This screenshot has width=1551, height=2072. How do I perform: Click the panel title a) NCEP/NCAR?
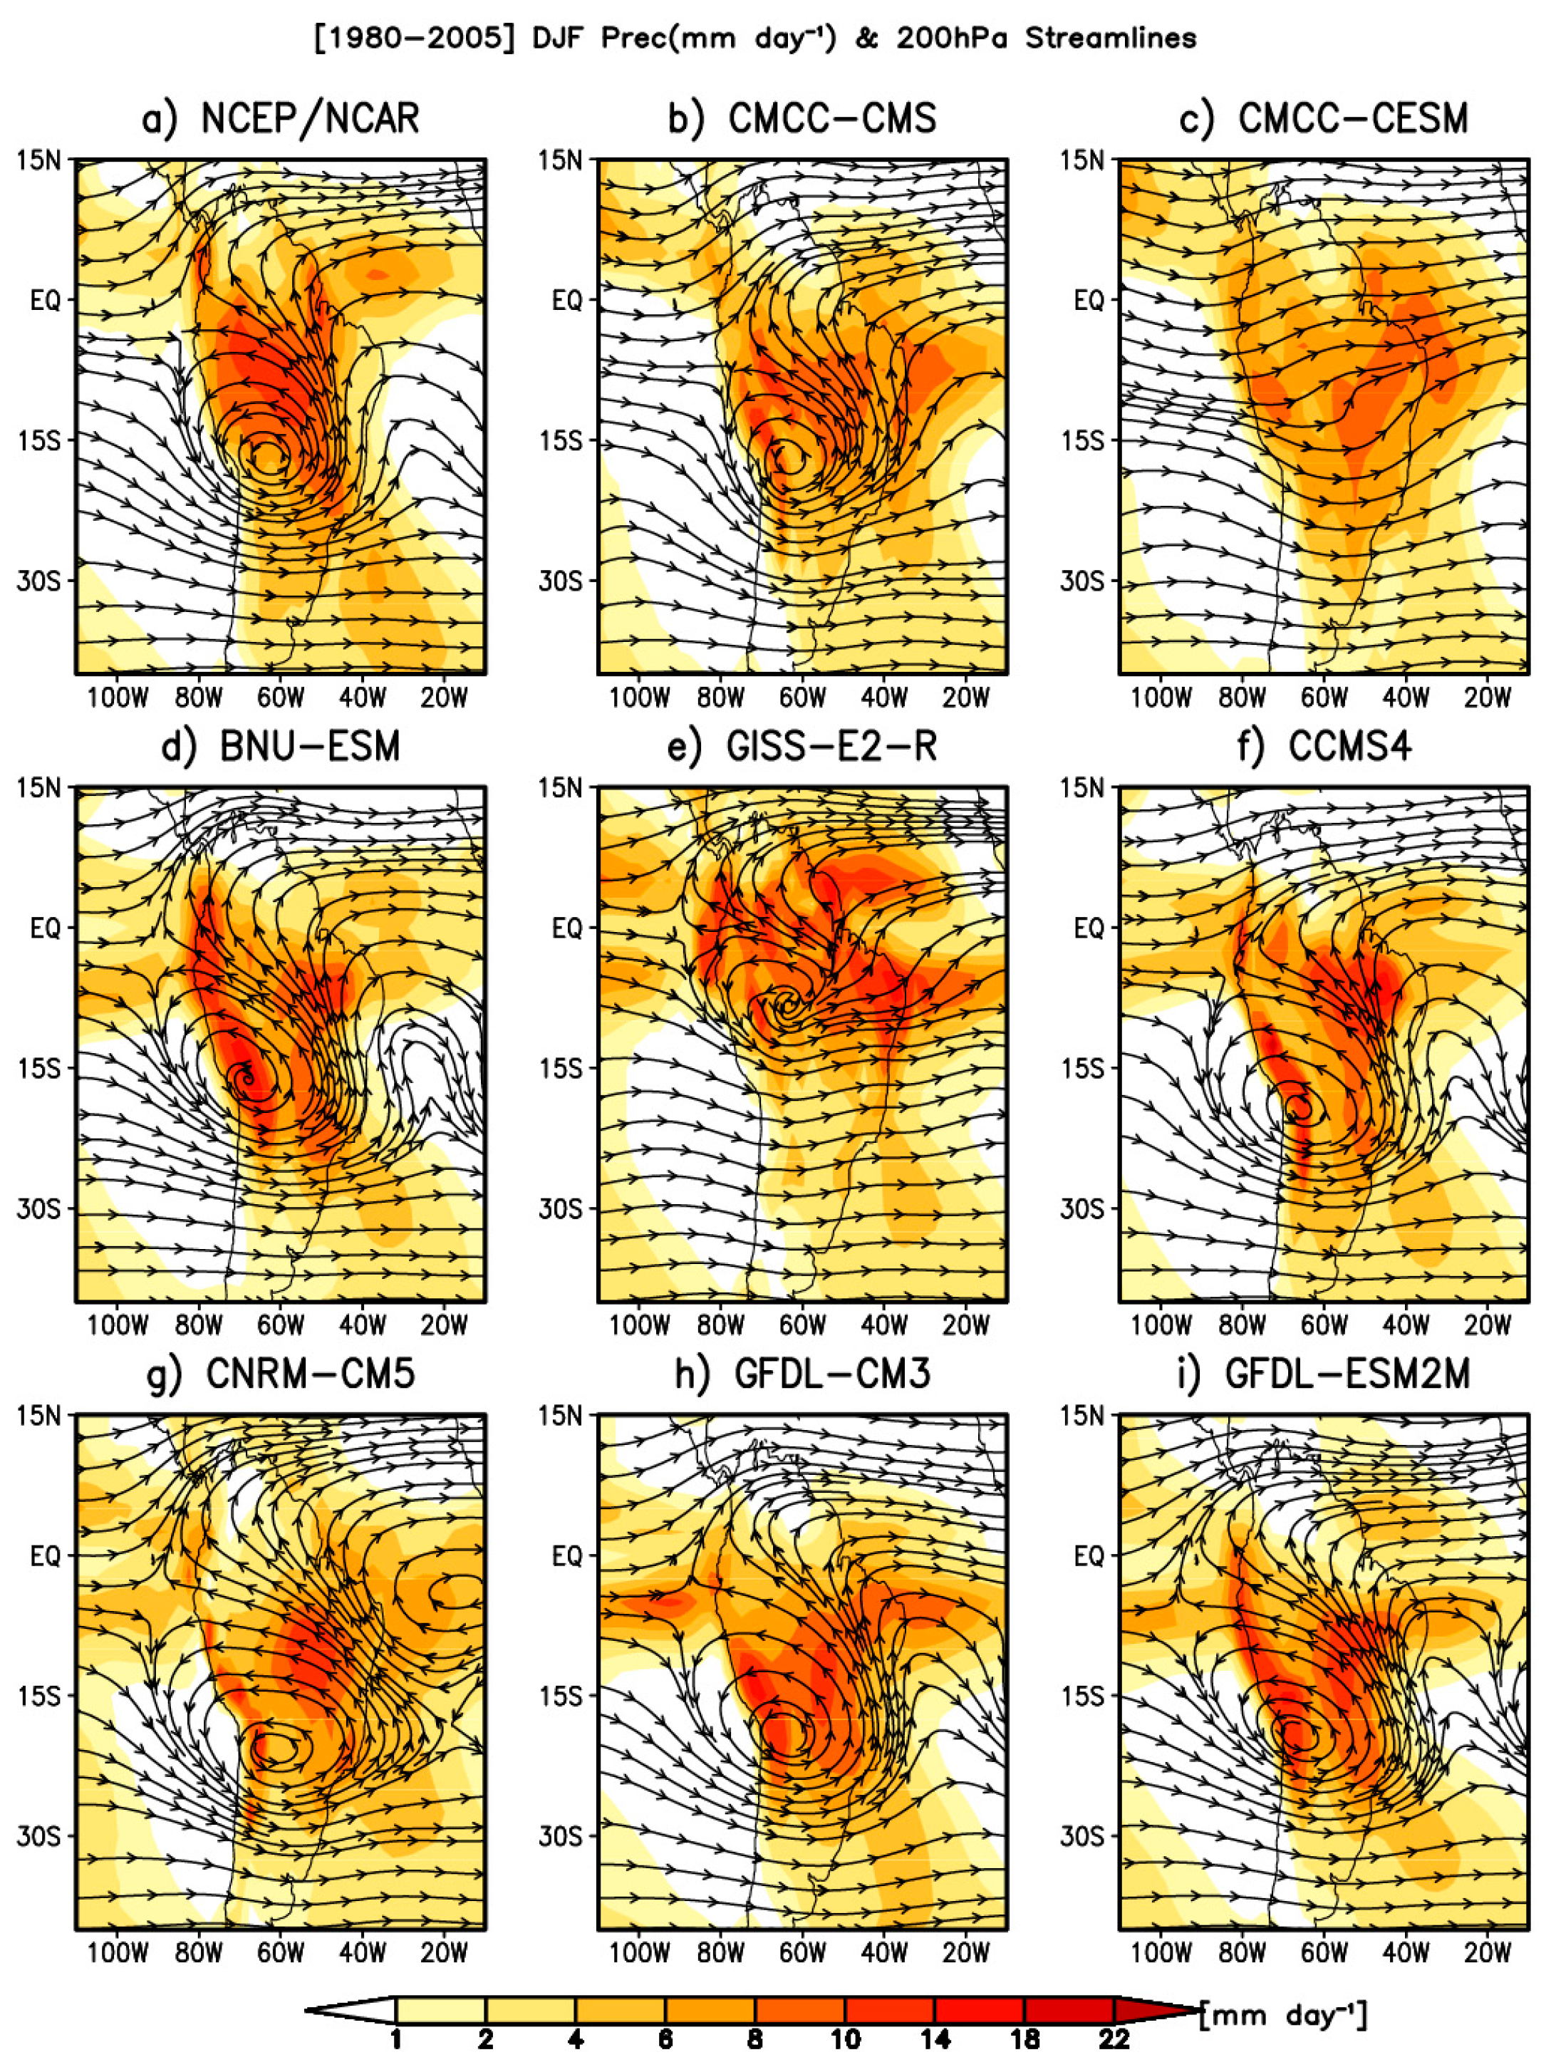pyautogui.click(x=280, y=119)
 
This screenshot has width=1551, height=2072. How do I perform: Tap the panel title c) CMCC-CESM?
pyautogui.click(x=1324, y=119)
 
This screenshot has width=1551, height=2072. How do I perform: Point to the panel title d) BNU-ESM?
pyautogui.click(x=280, y=747)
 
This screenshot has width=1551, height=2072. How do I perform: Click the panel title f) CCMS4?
pyautogui.click(x=1324, y=747)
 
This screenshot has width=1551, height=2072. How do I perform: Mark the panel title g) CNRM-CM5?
pyautogui.click(x=280, y=1374)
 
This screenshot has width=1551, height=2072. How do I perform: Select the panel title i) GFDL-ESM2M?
pyautogui.click(x=1324, y=1374)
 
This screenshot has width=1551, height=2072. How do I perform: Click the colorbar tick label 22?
pyautogui.click(x=1113, y=2039)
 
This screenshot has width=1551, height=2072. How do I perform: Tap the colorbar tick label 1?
pyautogui.click(x=396, y=2039)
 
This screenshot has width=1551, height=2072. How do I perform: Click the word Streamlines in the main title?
pyautogui.click(x=1110, y=38)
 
